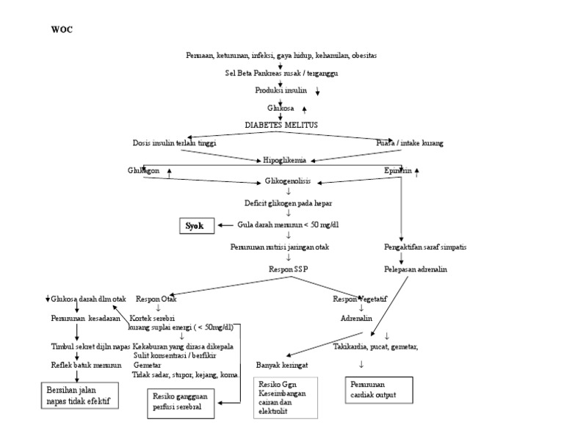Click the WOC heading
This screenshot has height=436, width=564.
pyautogui.click(x=62, y=30)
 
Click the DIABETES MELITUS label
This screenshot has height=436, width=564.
pyautogui.click(x=281, y=126)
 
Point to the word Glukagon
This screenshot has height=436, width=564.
pyautogui.click(x=142, y=171)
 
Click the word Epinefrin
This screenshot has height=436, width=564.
pyautogui.click(x=398, y=171)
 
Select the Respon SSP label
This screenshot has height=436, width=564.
pyautogui.click(x=289, y=269)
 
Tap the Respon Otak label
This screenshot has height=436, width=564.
pyautogui.click(x=156, y=299)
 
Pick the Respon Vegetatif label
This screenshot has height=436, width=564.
pyautogui.click(x=361, y=299)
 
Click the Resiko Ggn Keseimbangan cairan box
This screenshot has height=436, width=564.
pyautogui.click(x=286, y=397)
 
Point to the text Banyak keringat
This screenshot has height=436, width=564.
pyautogui.click(x=282, y=365)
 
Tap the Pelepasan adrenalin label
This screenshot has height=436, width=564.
pyautogui.click(x=416, y=269)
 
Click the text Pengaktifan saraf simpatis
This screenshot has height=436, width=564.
pyautogui.click(x=424, y=247)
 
